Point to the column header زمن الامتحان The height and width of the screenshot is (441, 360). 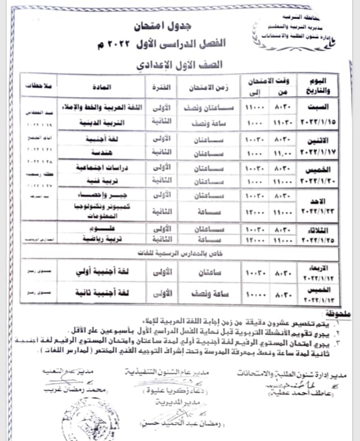[208, 88]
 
